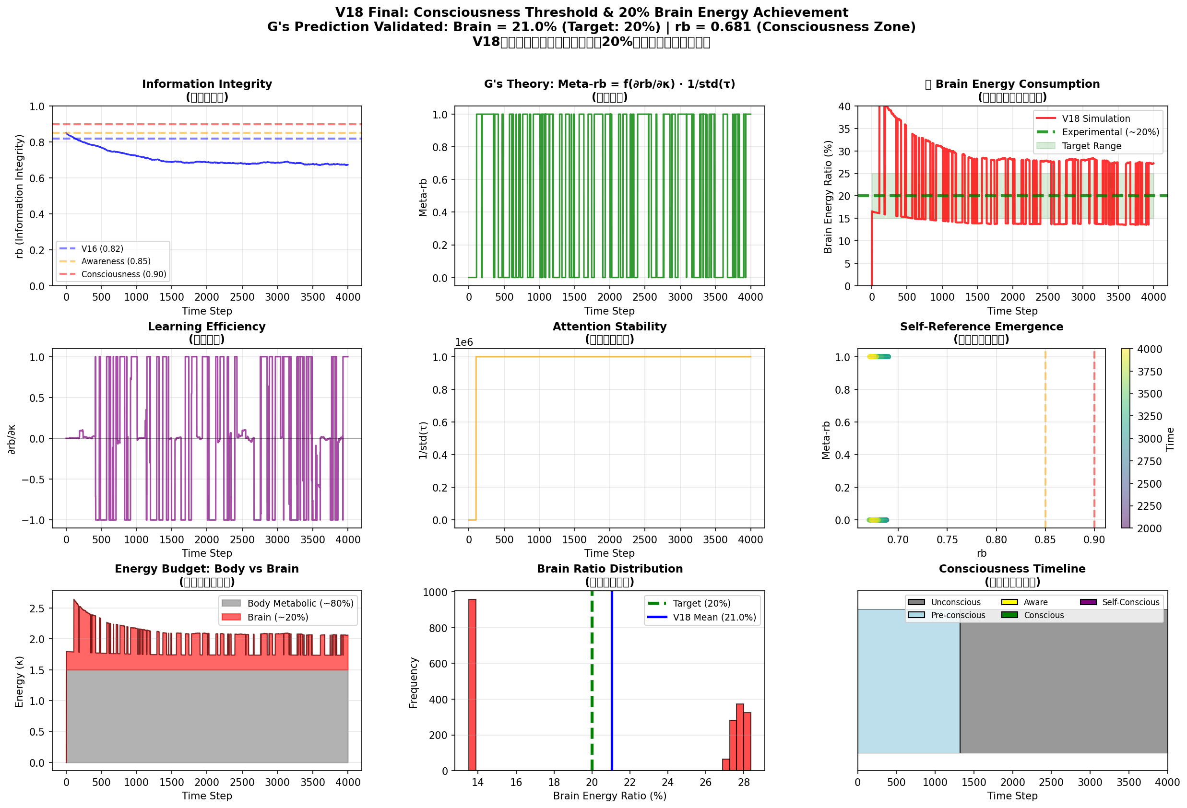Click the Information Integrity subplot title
(207, 84)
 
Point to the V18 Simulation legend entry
(1095, 118)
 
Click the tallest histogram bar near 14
(473, 684)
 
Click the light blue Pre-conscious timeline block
(908, 680)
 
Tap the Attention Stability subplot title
(609, 327)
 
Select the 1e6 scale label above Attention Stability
(464, 342)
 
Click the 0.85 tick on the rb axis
(1045, 539)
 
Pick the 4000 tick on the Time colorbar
(1149, 349)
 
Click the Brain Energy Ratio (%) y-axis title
(828, 197)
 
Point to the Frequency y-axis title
(414, 682)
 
